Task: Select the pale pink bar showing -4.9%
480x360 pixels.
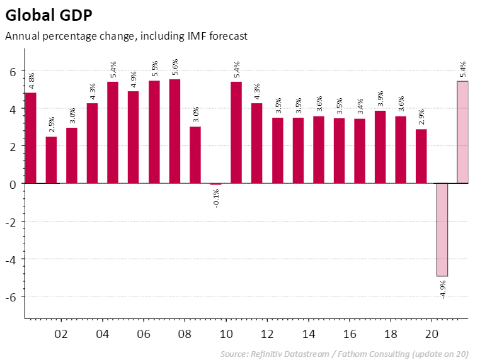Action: tap(442, 230)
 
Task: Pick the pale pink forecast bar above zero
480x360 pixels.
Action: tap(462, 132)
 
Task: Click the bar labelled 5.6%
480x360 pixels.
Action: tap(174, 131)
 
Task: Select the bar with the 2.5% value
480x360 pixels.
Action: tap(51, 160)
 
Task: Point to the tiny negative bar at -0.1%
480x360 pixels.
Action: tap(215, 184)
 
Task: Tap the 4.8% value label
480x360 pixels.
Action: tap(31, 81)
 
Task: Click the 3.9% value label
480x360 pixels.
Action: tap(380, 99)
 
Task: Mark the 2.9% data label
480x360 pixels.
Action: tap(421, 118)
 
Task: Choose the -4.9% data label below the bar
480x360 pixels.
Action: tap(443, 289)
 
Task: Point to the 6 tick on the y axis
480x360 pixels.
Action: tap(11, 72)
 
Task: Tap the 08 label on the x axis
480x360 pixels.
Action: tap(185, 334)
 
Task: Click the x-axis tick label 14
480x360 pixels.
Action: tap(308, 334)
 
